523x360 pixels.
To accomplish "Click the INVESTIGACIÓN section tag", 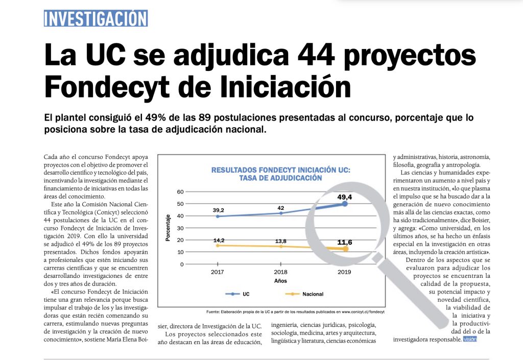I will (x=96, y=18).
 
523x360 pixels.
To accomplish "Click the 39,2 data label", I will (x=218, y=209).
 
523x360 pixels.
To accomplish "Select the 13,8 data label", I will (x=280, y=241).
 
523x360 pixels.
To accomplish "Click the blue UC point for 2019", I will (x=345, y=204).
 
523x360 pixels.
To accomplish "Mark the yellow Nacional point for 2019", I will (x=345, y=249).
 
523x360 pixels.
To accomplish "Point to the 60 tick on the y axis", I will (x=180, y=192).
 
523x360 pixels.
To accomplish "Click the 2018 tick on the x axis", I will (x=280, y=272).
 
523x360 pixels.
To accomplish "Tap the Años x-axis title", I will (x=280, y=281).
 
